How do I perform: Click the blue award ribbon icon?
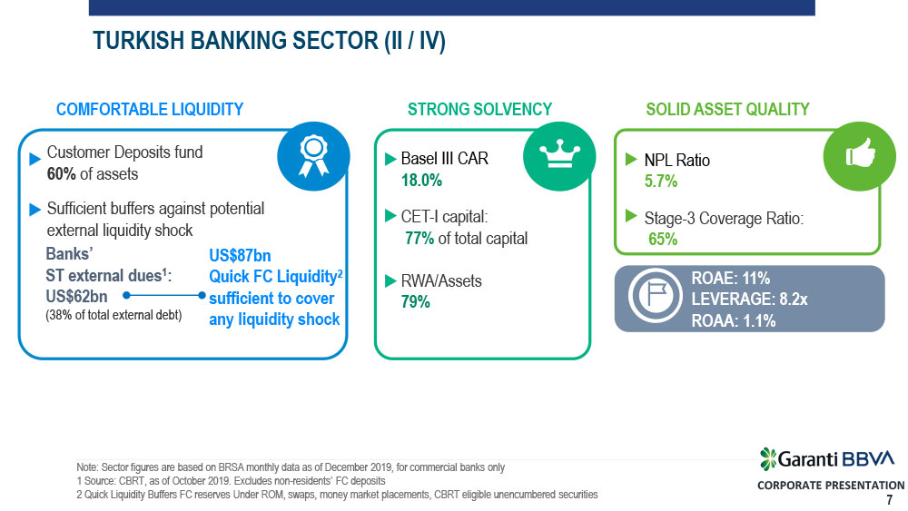click(x=313, y=156)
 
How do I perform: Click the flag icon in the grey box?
click(x=656, y=296)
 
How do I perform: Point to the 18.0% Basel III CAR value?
click(x=421, y=181)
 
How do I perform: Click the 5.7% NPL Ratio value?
click(x=661, y=182)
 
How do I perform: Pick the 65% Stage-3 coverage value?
click(x=663, y=239)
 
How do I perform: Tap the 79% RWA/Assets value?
click(x=416, y=302)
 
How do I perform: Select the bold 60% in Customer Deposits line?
click(x=62, y=174)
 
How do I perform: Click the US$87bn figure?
click(x=240, y=256)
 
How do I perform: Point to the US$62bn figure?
click(x=76, y=297)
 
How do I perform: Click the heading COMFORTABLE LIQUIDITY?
click(x=150, y=110)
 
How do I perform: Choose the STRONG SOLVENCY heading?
click(x=480, y=110)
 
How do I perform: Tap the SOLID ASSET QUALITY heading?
click(x=728, y=110)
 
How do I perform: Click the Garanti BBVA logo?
click(x=827, y=459)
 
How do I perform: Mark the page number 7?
click(x=890, y=500)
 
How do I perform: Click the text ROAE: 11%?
click(x=731, y=279)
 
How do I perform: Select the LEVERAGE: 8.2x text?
click(x=749, y=300)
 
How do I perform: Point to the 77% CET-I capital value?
click(x=419, y=239)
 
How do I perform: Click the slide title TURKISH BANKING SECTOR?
click(x=270, y=41)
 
